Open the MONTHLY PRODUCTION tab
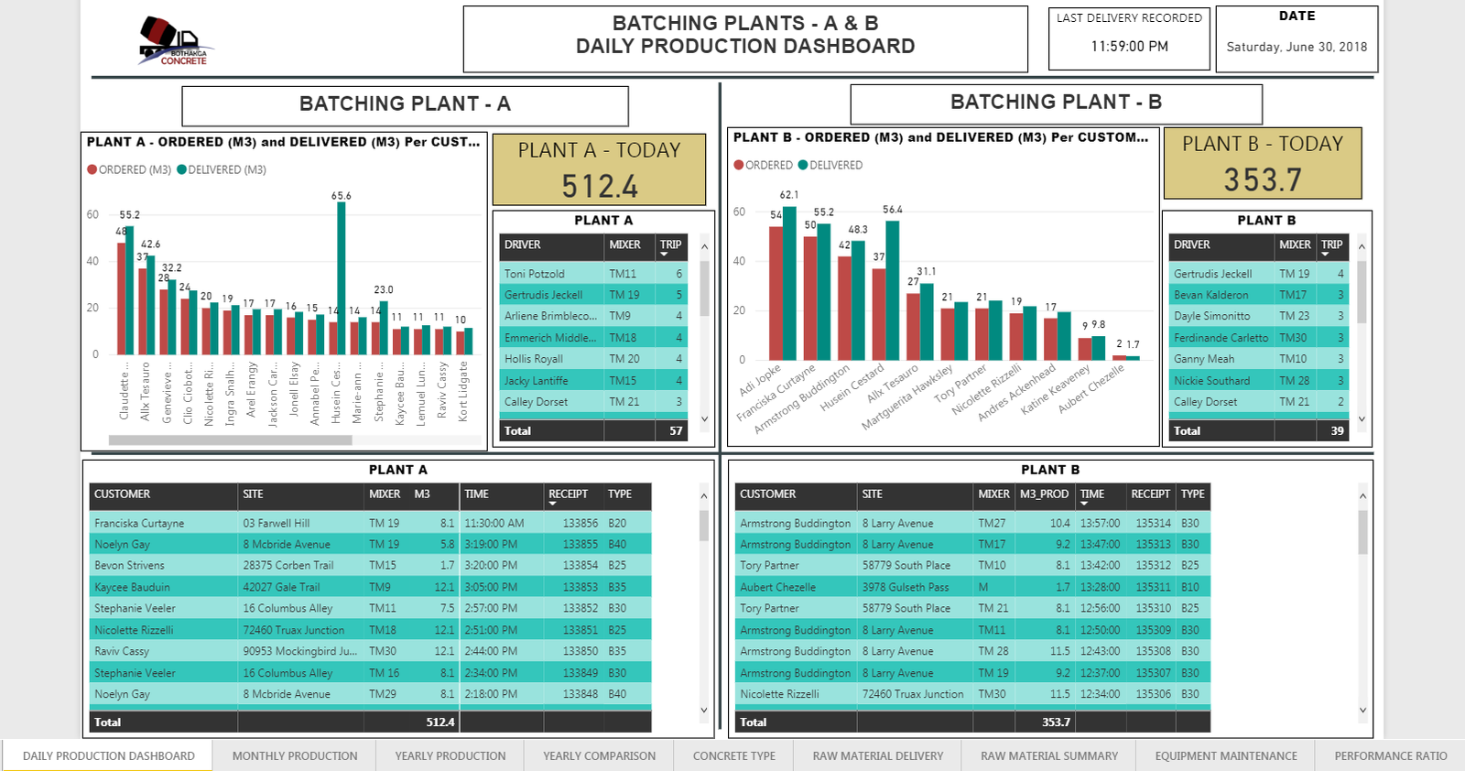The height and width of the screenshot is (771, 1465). (x=295, y=756)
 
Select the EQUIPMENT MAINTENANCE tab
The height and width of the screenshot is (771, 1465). (x=1225, y=756)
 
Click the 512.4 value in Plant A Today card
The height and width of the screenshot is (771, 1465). (x=600, y=186)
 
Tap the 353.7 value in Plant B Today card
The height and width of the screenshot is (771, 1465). (x=1263, y=179)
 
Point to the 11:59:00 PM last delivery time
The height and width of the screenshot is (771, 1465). (x=1129, y=47)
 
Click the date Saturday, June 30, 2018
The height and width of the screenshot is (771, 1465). (x=1297, y=47)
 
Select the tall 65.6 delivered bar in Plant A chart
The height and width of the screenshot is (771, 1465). (x=342, y=275)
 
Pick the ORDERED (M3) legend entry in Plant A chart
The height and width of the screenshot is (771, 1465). (x=129, y=169)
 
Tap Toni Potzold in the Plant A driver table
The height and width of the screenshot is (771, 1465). (x=535, y=274)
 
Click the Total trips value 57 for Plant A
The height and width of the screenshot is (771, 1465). (x=676, y=430)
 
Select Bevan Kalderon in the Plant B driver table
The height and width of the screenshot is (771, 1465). (x=1210, y=295)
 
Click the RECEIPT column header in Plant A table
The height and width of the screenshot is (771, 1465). (x=568, y=494)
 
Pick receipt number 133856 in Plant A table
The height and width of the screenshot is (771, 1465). (x=581, y=523)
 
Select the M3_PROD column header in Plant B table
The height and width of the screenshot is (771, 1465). (x=1044, y=494)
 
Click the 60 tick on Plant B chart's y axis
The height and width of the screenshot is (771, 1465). (x=739, y=212)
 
